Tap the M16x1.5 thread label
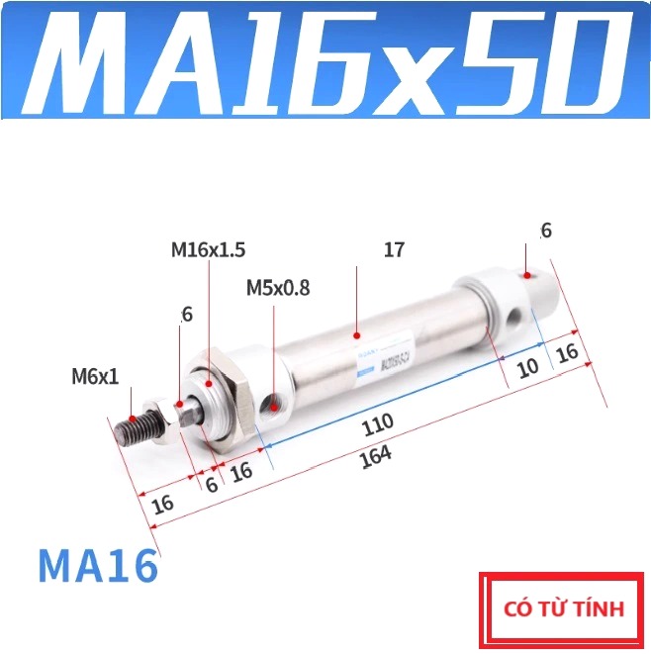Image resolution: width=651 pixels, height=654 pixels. [208, 250]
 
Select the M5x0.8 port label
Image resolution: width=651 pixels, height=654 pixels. [278, 288]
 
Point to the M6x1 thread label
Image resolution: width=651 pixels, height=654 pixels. [95, 376]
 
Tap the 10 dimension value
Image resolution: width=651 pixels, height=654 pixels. [527, 367]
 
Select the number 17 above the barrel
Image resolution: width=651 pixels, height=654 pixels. [394, 250]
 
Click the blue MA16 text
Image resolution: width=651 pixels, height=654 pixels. [98, 566]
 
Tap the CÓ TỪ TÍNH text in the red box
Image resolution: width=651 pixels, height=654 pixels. [564, 608]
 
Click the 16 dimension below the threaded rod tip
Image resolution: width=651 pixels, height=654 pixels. [163, 503]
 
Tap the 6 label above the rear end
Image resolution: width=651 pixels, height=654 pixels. [546, 231]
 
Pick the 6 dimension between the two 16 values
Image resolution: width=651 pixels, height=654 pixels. [211, 484]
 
